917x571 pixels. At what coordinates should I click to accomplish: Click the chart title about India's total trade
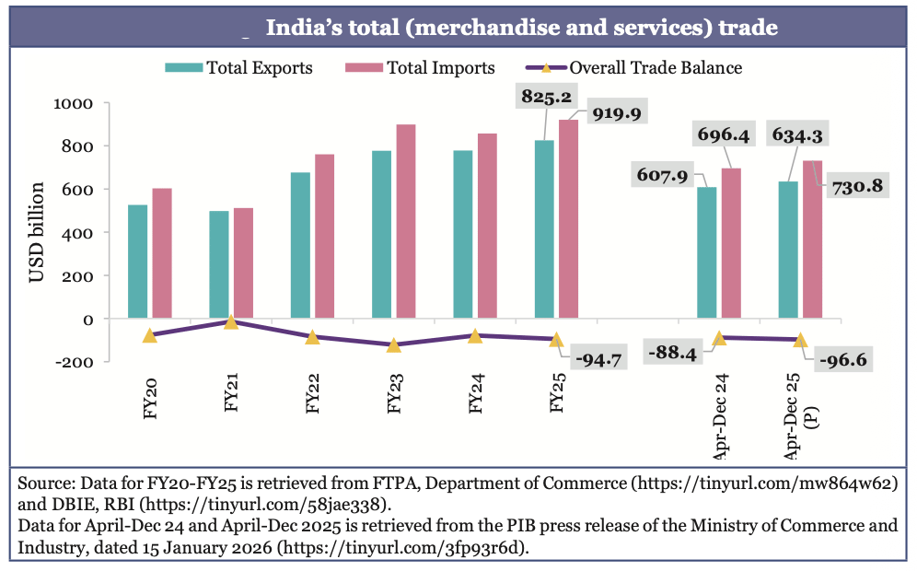click(521, 28)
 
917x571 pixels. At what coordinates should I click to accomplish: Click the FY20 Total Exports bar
click(137, 262)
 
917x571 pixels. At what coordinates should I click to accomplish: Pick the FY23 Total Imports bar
click(405, 221)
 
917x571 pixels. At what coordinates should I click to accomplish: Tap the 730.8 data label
click(857, 186)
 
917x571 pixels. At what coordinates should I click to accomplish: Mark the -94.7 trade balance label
click(598, 357)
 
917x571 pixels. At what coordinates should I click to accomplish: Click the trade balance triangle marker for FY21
click(231, 321)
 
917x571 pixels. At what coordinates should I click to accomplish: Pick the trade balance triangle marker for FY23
click(393, 345)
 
